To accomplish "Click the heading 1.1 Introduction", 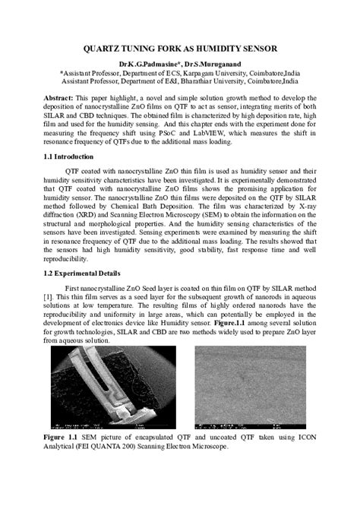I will [x=74, y=155].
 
